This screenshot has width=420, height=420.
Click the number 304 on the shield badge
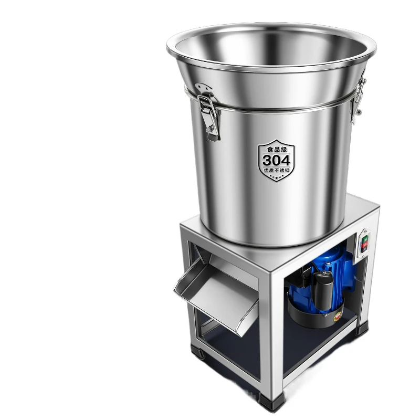coord(276,160)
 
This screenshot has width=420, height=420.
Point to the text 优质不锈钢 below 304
coord(277,170)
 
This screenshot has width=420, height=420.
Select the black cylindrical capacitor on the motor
coord(323,291)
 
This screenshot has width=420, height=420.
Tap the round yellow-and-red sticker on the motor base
coord(338,317)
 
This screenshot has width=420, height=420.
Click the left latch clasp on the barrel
coord(208,112)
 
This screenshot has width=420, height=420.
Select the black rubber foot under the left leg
coord(198,351)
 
